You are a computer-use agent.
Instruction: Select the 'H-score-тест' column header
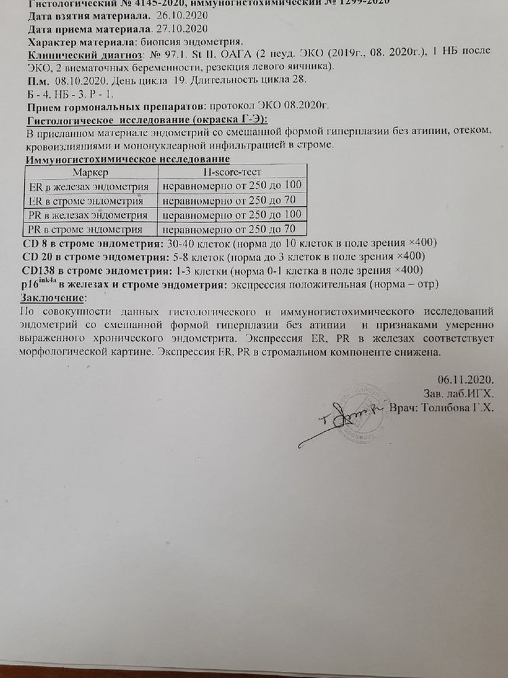click(x=231, y=173)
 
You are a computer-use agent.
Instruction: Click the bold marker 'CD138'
click(x=38, y=270)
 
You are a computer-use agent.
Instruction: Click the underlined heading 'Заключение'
click(x=54, y=298)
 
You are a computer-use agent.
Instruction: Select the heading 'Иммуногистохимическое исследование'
click(x=126, y=159)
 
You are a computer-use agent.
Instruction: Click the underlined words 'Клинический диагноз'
click(x=84, y=54)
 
